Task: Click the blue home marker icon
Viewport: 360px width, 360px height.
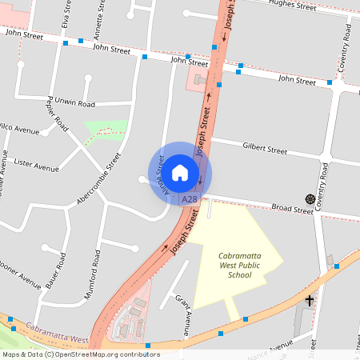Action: pos(180,172)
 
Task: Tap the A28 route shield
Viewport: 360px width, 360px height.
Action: pos(189,198)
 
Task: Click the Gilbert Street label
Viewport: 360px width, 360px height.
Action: pos(265,150)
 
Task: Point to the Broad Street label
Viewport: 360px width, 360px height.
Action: pos(292,208)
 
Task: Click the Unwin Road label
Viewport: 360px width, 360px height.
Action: pos(75,104)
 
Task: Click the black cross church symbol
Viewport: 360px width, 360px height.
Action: pos(310,300)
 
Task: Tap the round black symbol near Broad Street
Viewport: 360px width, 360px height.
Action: pos(308,198)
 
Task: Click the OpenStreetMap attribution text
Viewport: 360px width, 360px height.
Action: pos(80,354)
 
